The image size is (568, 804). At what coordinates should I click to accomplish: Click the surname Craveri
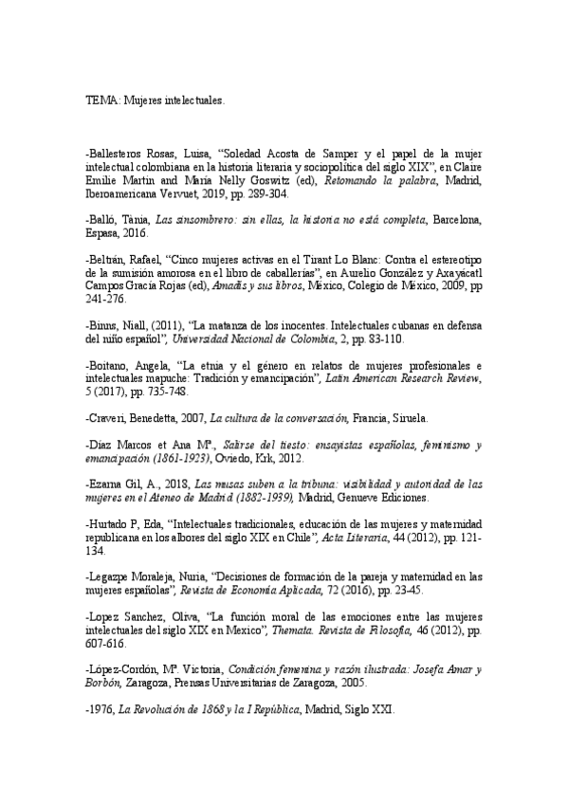108,418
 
